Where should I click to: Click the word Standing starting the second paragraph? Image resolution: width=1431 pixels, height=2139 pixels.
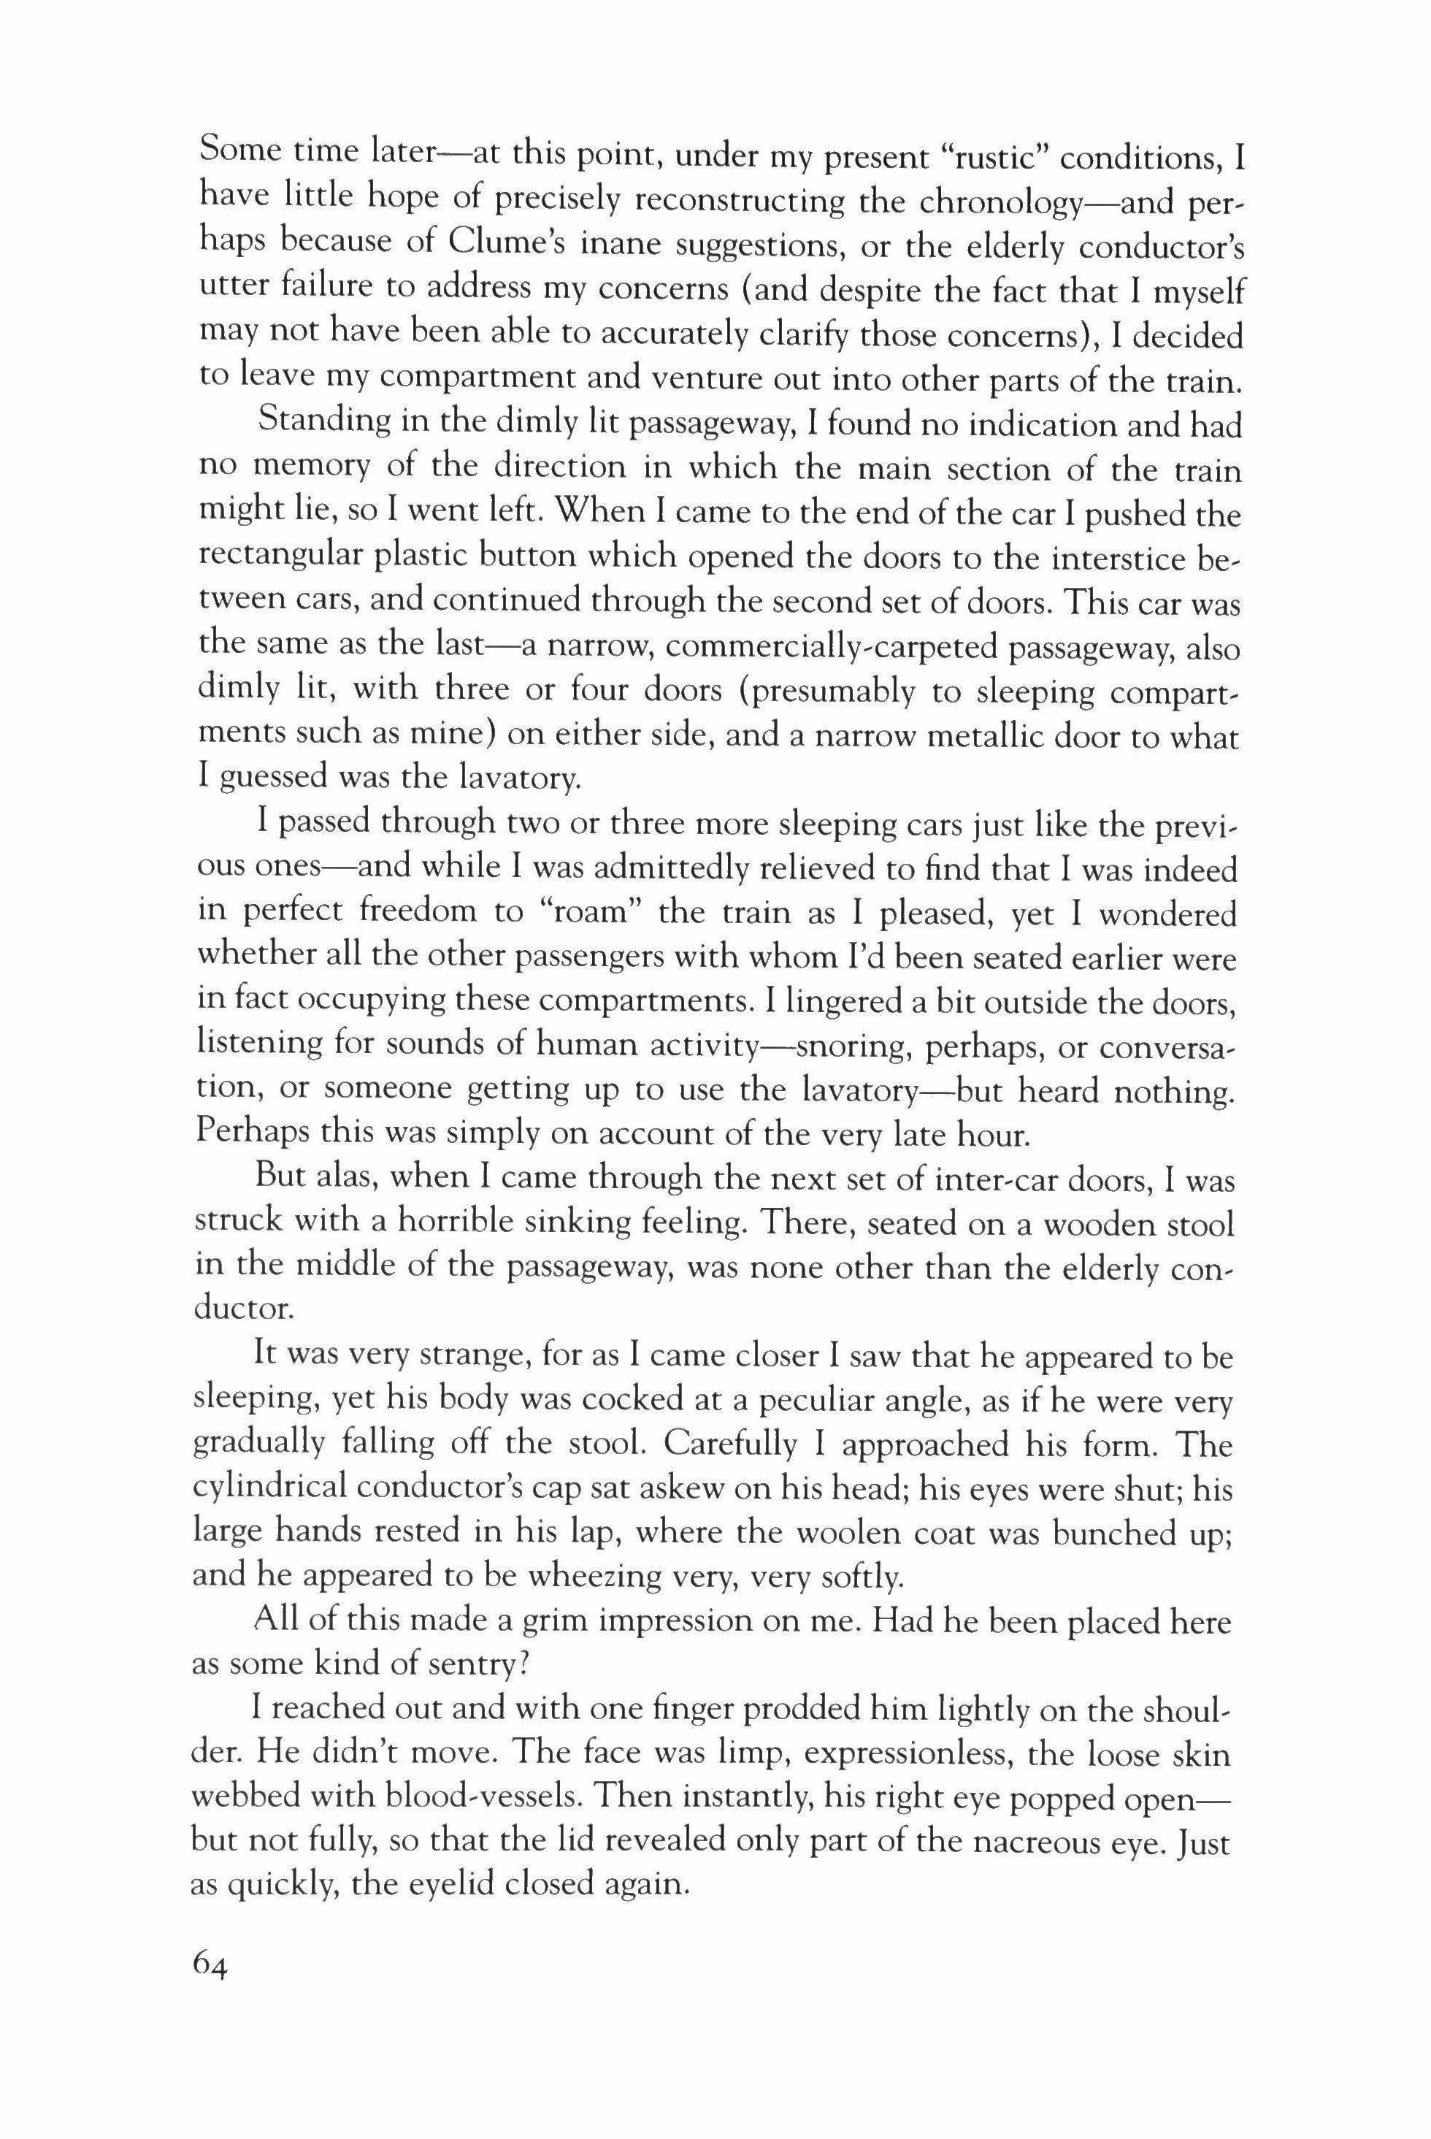click(321, 424)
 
